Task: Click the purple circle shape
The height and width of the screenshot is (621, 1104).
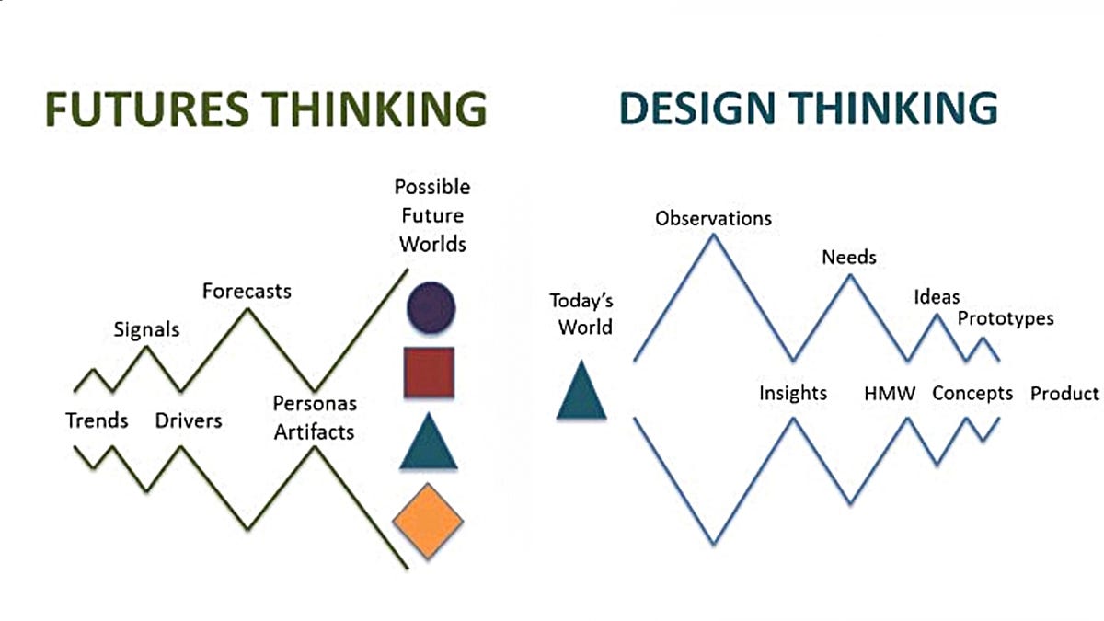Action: click(x=431, y=306)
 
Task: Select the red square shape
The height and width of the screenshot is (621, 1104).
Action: click(x=429, y=373)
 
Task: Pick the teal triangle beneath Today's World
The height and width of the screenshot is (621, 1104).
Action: click(x=581, y=393)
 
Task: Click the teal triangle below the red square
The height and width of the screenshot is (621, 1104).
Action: click(x=429, y=443)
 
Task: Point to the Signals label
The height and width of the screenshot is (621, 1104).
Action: click(x=146, y=328)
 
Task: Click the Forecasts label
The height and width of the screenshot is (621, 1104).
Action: click(x=247, y=292)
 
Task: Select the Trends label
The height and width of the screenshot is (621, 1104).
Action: click(x=97, y=420)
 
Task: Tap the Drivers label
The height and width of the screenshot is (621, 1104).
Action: click(x=188, y=420)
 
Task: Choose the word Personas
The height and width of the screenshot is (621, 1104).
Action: click(x=315, y=404)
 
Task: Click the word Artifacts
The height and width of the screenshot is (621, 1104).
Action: click(x=315, y=431)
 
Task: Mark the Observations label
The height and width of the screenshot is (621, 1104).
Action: click(x=713, y=219)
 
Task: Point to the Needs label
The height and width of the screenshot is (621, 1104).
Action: click(x=848, y=257)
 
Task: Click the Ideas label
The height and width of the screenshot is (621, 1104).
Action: click(x=937, y=296)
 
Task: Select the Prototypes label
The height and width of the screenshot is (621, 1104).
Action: click(x=1006, y=319)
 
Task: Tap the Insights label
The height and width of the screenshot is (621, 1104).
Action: click(x=792, y=394)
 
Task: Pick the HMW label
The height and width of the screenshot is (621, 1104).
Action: click(x=890, y=394)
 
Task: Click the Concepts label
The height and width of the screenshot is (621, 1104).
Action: click(x=972, y=394)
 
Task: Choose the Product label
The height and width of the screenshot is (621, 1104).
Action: click(x=1064, y=394)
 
